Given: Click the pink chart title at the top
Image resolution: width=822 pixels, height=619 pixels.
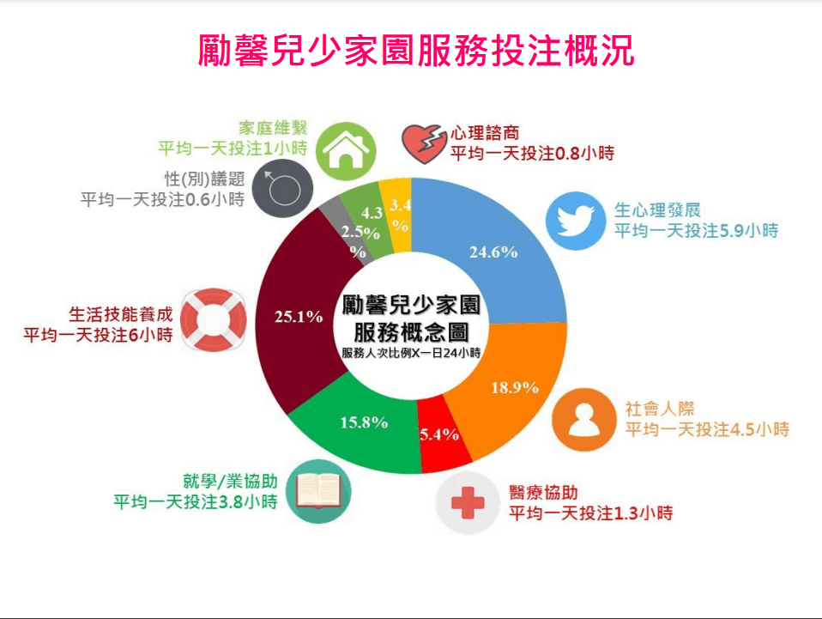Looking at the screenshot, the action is tap(415, 51).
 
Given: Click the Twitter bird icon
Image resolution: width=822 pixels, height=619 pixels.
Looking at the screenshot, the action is tap(576, 221).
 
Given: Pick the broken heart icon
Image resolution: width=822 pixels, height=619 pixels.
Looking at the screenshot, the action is tap(422, 143).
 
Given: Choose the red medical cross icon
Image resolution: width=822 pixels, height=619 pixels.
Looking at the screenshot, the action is tap(468, 502).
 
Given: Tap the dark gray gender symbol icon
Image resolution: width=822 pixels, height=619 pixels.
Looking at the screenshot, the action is tap(282, 188).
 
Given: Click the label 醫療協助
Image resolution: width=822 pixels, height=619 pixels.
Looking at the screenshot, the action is tap(543, 493).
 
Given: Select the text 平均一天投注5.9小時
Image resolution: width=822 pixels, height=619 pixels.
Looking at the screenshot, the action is tap(696, 230).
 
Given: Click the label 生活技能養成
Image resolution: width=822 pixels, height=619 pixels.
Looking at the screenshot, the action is tap(121, 314).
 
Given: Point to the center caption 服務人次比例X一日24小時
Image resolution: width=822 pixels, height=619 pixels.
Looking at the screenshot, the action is tap(411, 353).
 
